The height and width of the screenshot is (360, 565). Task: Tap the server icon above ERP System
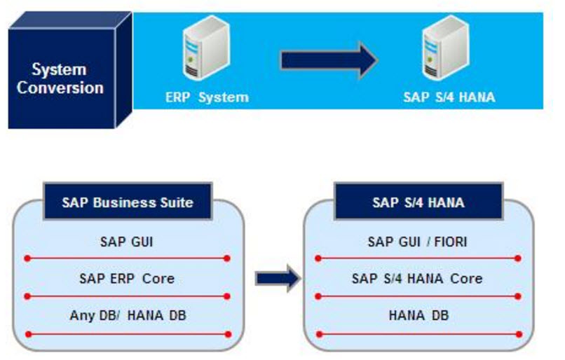(x=198, y=50)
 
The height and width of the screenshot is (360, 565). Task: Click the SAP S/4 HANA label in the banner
(x=449, y=97)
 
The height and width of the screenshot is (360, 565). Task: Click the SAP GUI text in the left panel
(x=127, y=242)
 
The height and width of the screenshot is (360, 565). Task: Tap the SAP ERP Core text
(x=127, y=278)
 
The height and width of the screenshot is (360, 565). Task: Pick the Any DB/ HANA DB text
(x=127, y=315)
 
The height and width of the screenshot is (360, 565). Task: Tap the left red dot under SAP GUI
(x=27, y=258)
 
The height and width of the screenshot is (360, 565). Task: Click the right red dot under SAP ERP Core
(x=227, y=296)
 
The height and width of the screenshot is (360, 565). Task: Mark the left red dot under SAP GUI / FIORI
(x=318, y=258)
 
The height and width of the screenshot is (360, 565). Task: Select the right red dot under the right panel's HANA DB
(x=518, y=333)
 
